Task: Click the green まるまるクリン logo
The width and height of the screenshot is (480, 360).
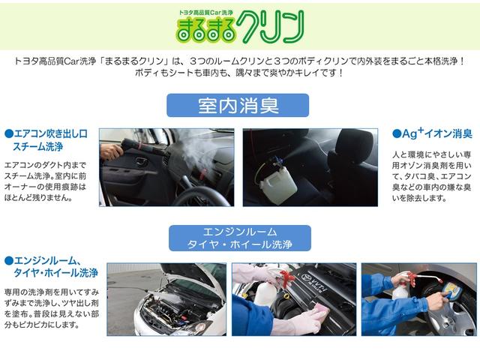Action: [x=240, y=28]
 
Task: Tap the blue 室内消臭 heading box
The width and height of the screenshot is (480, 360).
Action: [x=238, y=106]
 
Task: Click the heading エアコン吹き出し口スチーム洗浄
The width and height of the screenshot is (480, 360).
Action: [x=46, y=139]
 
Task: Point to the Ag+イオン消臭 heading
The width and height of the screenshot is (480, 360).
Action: [x=432, y=133]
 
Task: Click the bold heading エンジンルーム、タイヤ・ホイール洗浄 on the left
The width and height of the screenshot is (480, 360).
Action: [x=51, y=266]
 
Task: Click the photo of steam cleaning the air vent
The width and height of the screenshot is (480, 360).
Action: [x=166, y=166]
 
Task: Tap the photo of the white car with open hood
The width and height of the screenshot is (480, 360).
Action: [x=166, y=298]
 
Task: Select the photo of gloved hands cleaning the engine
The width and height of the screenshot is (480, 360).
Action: [x=293, y=298]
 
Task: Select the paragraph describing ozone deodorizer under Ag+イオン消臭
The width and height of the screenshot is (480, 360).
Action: [x=431, y=176]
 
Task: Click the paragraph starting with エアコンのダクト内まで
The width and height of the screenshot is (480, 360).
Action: [x=46, y=180]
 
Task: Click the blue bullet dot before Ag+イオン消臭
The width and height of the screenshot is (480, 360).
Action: [x=397, y=134]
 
